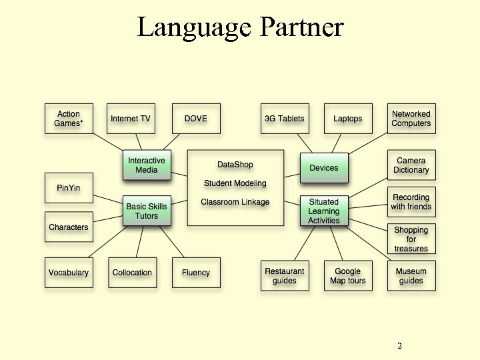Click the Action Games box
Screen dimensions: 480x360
pyautogui.click(x=68, y=119)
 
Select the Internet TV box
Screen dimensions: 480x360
pyautogui.click(x=131, y=119)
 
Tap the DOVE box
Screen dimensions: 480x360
pyautogui.click(x=195, y=119)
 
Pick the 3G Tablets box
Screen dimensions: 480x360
pyautogui.click(x=284, y=119)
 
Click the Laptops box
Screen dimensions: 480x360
pyautogui.click(x=347, y=119)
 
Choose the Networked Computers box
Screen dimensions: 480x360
pyautogui.click(x=411, y=119)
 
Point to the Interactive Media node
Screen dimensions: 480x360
pyautogui.click(x=147, y=165)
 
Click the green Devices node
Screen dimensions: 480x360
pyautogui.click(x=324, y=168)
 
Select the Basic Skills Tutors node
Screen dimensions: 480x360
pyautogui.click(x=147, y=211)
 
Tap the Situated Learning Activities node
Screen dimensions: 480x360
pyautogui.click(x=324, y=211)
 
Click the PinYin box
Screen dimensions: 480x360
pyautogui.click(x=68, y=188)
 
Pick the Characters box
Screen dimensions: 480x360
pyautogui.click(x=68, y=227)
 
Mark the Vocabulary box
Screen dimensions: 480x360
pyautogui.click(x=68, y=273)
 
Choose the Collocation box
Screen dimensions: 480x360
pyautogui.click(x=132, y=273)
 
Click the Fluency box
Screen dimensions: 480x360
pyautogui.click(x=195, y=273)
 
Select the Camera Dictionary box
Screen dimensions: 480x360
pyautogui.click(x=411, y=165)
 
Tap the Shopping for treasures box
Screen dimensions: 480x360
pyautogui.click(x=411, y=239)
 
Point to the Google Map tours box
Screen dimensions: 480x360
pyautogui.click(x=347, y=276)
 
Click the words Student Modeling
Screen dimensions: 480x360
pyautogui.click(x=235, y=183)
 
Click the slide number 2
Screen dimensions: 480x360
pyautogui.click(x=399, y=346)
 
